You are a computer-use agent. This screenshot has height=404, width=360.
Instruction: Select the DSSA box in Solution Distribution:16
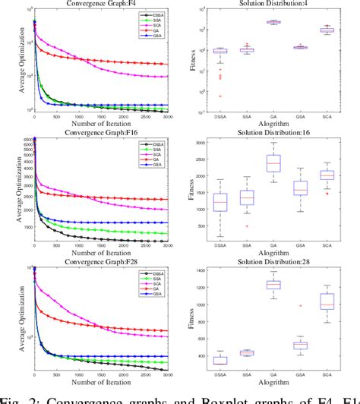(221, 203)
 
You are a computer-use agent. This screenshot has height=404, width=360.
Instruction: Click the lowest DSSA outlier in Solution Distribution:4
(221, 96)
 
